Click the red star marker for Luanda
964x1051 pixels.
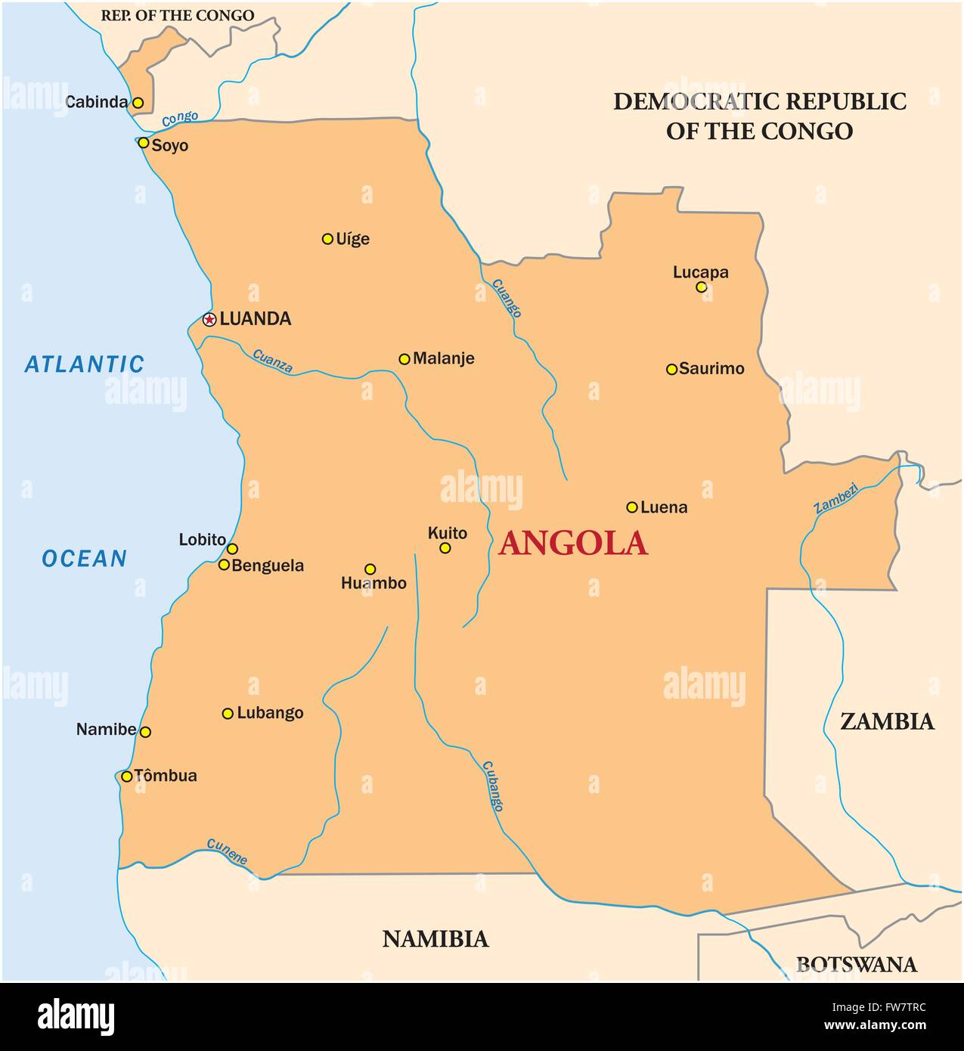209,319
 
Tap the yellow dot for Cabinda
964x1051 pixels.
138,102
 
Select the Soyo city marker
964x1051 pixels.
143,142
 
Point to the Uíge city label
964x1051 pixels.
353,239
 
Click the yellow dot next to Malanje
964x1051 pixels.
405,359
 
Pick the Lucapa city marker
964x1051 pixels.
701,287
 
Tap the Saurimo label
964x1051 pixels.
711,369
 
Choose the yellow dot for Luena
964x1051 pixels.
632,507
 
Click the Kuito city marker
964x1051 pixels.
445,548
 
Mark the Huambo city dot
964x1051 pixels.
370,569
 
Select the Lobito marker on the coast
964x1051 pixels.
232,549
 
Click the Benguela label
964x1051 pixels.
268,566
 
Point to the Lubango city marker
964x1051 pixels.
228,713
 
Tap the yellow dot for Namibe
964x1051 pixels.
146,732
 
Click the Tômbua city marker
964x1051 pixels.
127,776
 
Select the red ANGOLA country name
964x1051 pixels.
573,543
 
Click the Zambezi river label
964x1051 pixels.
836,498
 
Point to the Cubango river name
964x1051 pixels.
491,786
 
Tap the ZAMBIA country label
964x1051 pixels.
888,721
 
